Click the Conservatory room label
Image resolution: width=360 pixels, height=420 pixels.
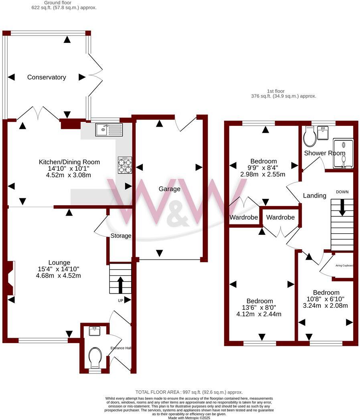(47, 77)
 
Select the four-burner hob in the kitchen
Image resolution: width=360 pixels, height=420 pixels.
(125, 165)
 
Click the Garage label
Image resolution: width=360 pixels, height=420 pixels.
(169, 189)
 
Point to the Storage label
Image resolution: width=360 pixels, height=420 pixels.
(121, 236)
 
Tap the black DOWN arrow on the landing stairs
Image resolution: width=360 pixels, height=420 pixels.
(342, 208)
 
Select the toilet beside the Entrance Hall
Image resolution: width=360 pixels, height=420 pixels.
(95, 357)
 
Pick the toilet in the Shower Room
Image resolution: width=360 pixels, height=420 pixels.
(309, 137)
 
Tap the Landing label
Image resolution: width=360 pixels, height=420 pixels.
(314, 196)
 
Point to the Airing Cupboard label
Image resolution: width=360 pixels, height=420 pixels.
(344, 265)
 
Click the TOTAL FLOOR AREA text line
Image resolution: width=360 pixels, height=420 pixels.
(189, 392)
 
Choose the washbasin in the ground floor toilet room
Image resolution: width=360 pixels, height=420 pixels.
(95, 331)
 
